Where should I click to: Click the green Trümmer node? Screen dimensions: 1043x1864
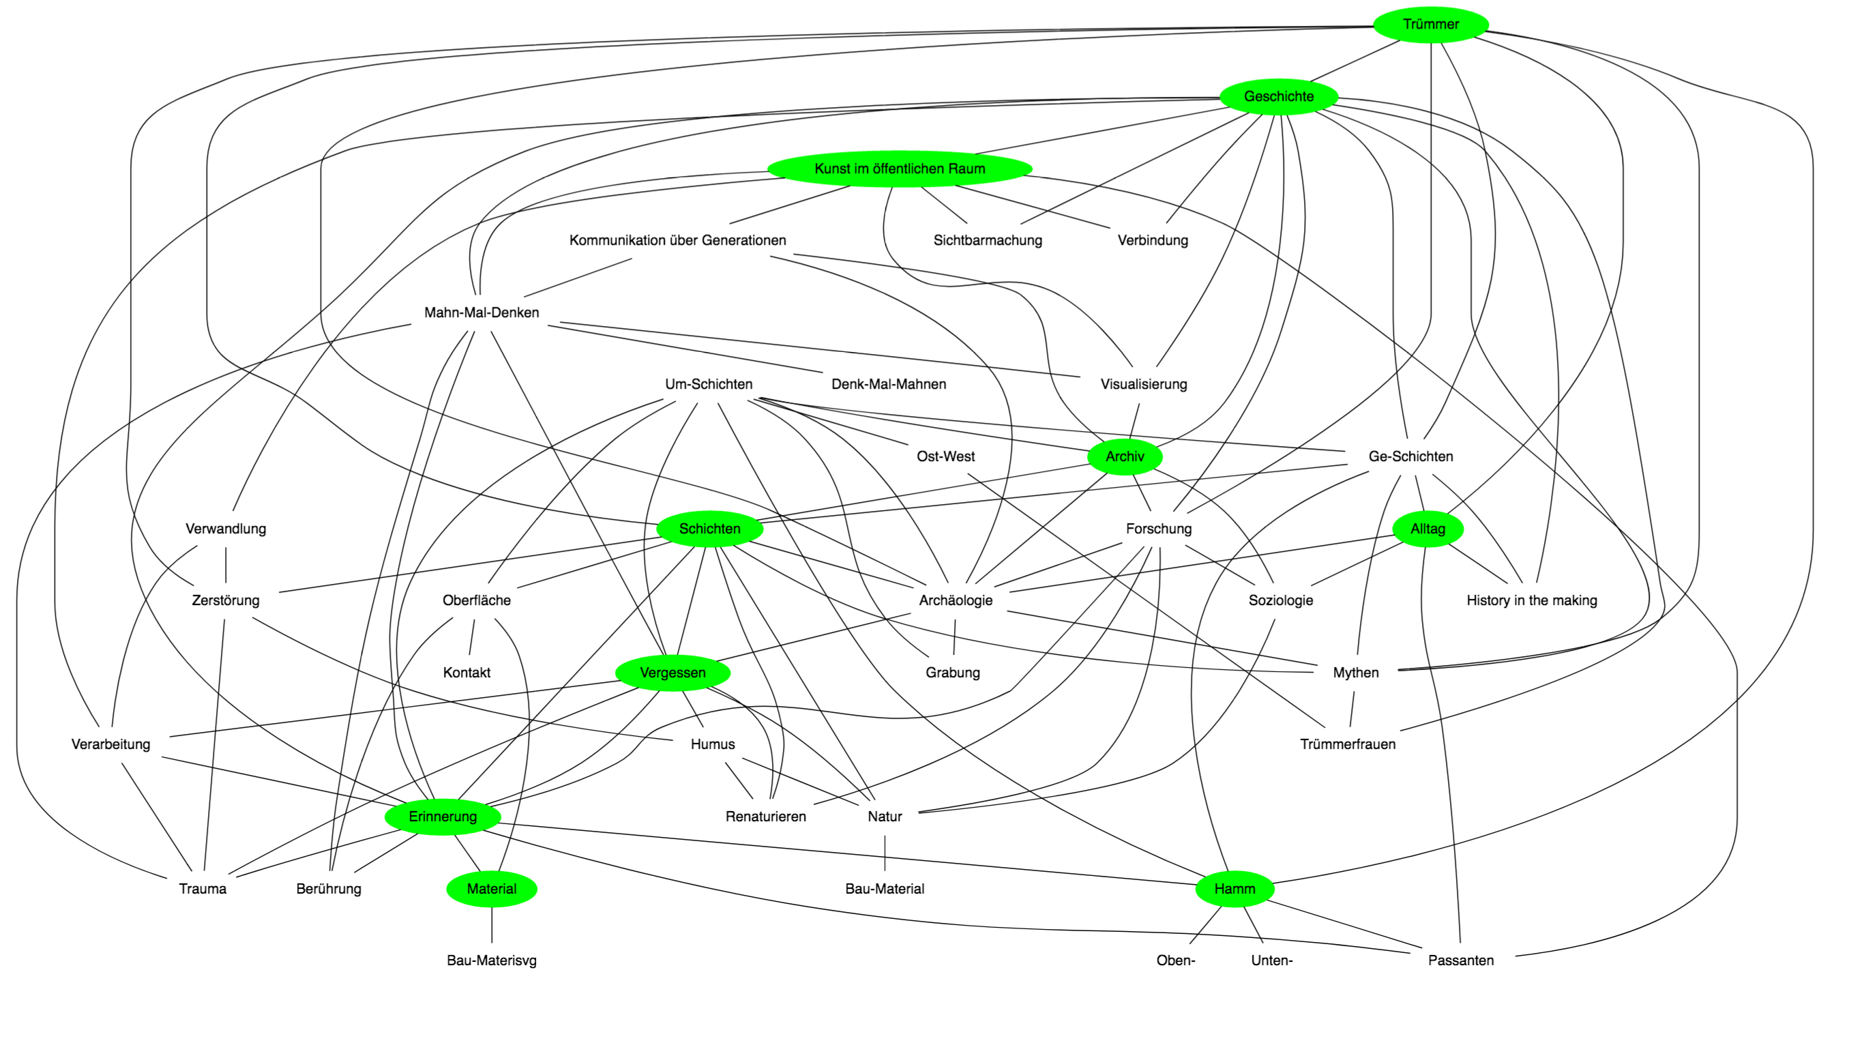[1430, 25]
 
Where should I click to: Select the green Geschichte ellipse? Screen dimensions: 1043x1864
[1279, 96]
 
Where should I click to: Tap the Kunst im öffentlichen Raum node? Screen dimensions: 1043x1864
[900, 168]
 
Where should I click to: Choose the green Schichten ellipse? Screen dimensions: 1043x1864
[709, 529]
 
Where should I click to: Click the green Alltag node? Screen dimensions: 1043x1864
[1427, 529]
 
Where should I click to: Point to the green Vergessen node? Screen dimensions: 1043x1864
[672, 673]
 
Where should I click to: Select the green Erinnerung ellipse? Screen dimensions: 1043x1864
[442, 817]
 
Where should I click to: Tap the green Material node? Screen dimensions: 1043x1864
[491, 889]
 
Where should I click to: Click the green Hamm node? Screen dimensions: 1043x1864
[1234, 889]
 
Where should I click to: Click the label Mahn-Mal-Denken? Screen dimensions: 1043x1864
[482, 312]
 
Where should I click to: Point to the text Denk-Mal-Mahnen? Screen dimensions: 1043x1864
[888, 384]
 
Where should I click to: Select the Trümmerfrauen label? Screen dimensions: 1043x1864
[1347, 745]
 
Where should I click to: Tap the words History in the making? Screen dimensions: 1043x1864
[1531, 601]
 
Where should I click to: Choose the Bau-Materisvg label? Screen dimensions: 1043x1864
[491, 961]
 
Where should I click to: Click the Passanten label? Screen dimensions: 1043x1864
[1460, 961]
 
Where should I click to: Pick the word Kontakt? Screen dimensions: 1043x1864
[466, 673]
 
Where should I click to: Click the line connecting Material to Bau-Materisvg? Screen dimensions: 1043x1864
[492, 925]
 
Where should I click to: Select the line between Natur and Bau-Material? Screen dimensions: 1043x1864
[884, 853]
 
